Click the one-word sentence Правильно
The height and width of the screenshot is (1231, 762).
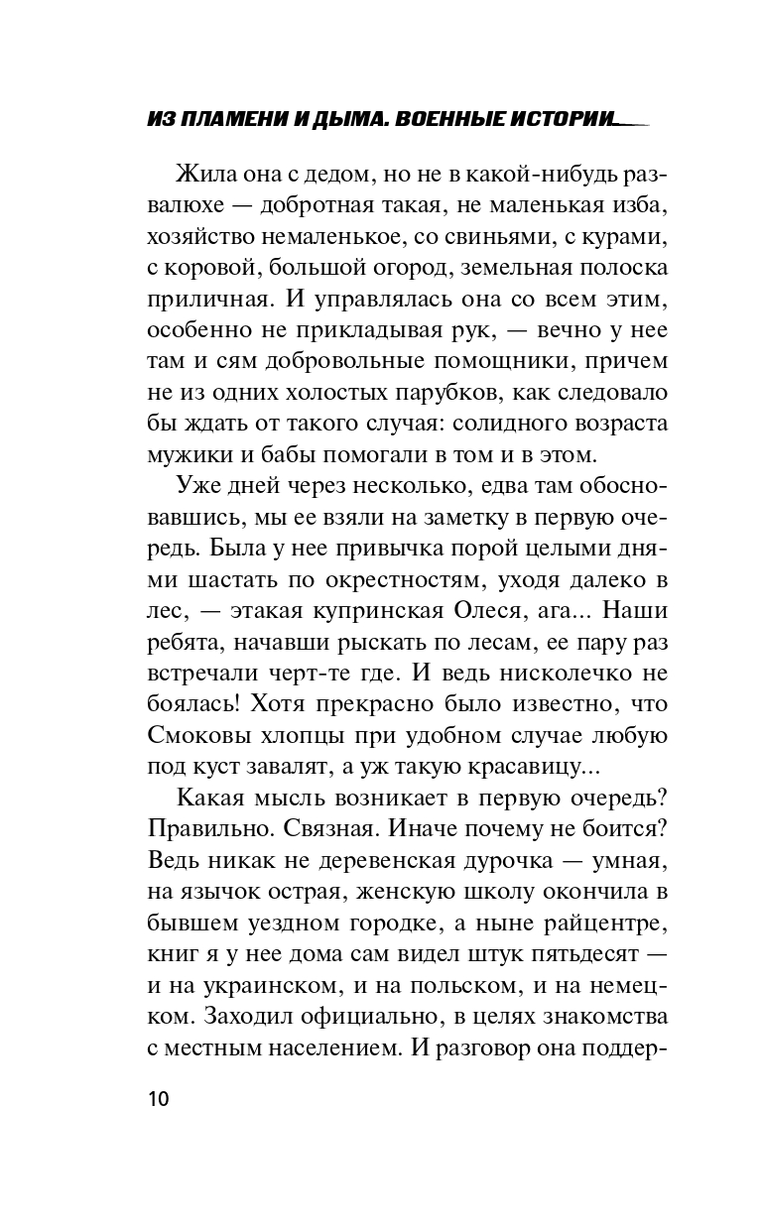tap(210, 829)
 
